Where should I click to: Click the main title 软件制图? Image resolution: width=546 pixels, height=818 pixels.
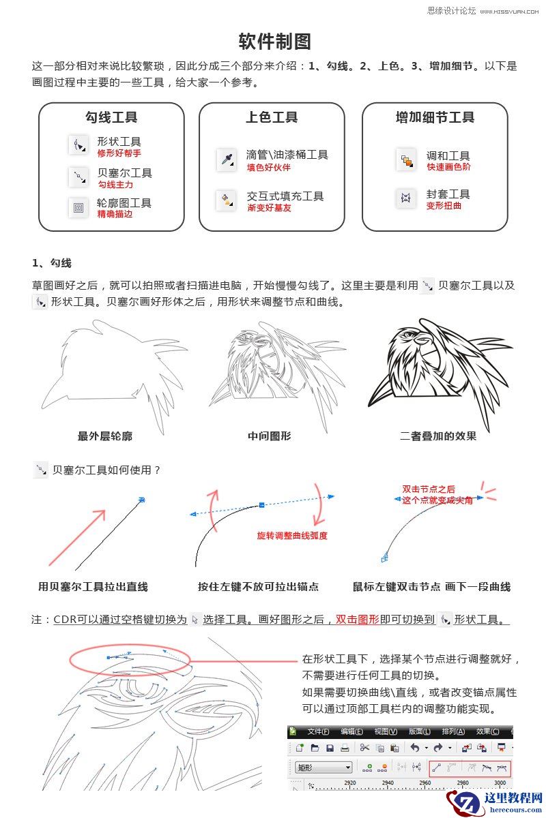pos(274,42)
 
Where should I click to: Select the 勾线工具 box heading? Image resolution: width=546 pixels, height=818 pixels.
pos(111,117)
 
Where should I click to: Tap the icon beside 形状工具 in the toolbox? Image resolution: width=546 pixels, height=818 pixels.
pos(78,145)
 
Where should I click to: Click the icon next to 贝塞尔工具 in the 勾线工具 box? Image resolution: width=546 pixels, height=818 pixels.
pos(78,177)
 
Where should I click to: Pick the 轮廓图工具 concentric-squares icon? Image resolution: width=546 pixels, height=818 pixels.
pos(78,207)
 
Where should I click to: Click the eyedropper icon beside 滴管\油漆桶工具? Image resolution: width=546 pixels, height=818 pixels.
pos(226,160)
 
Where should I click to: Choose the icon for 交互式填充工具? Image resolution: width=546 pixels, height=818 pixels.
pos(226,200)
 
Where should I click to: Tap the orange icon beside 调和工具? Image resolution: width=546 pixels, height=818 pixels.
pos(406,160)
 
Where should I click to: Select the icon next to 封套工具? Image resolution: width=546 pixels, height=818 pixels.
pos(406,198)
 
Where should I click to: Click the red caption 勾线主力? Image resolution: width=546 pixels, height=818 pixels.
pos(115,185)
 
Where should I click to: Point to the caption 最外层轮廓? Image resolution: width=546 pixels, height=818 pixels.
pos(105,436)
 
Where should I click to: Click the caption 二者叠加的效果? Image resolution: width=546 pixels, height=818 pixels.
pos(438,436)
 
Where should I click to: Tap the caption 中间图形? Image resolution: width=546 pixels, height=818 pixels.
pos(269,436)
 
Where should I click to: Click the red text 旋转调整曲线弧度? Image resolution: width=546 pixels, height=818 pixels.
pos(292,536)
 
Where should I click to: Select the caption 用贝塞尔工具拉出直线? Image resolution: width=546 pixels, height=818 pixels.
pos(93,587)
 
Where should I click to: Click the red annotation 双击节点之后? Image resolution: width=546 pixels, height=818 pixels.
pos(429,489)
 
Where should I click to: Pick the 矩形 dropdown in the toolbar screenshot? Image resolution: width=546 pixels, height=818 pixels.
pos(324,768)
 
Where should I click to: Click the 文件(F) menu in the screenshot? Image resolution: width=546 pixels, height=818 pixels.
pos(318,731)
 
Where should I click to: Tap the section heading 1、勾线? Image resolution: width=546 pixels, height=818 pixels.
pos(51,263)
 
